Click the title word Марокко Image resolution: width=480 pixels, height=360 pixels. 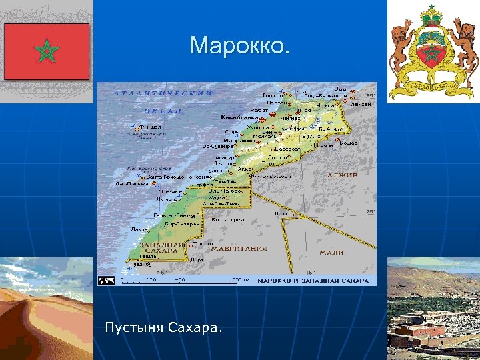[x=240, y=46]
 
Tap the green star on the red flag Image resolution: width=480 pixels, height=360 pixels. [x=47, y=51]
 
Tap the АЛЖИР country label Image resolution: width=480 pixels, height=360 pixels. [x=342, y=175]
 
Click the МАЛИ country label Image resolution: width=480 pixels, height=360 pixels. [x=331, y=253]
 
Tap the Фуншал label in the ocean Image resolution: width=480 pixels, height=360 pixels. [x=150, y=126]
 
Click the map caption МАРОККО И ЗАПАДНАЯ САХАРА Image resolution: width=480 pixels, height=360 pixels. [x=313, y=281]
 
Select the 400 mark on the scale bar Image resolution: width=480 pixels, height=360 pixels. [x=179, y=280]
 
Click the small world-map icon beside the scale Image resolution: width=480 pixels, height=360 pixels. [x=107, y=281]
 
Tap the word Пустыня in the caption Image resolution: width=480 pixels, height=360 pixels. [x=133, y=328]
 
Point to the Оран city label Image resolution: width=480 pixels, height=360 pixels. [x=341, y=89]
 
